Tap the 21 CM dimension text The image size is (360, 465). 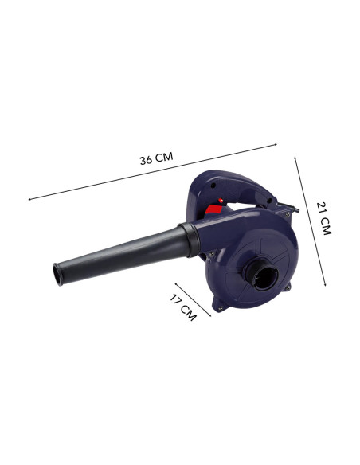[323, 218]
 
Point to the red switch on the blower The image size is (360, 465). [213, 210]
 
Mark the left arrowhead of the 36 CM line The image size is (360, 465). [29, 199]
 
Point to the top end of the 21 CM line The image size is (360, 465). [295, 156]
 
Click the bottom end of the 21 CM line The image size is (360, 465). [326, 283]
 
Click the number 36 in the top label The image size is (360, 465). [147, 159]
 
